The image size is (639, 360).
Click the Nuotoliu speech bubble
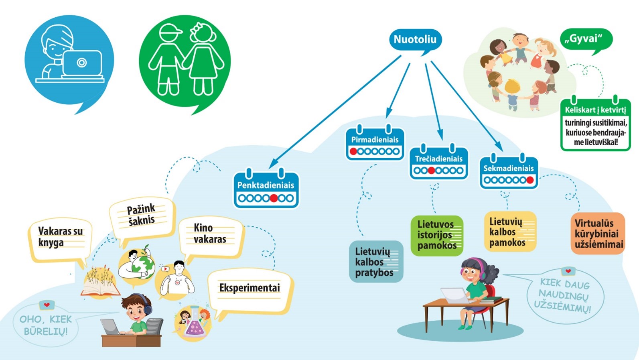click(x=415, y=39)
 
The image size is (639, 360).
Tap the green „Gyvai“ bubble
click(x=586, y=39)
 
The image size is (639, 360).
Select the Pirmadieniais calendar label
click(x=375, y=140)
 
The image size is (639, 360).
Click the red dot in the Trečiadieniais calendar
click(x=431, y=171)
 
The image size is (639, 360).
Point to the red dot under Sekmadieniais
click(x=530, y=180)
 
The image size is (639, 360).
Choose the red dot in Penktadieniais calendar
click(x=274, y=198)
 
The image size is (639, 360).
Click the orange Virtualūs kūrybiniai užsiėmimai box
click(x=598, y=234)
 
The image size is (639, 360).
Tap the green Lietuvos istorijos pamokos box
click(x=437, y=235)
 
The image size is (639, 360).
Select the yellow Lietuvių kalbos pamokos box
click(x=510, y=232)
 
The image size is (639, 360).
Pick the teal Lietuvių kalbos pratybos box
click(x=376, y=262)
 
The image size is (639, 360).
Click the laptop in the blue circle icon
click(x=82, y=63)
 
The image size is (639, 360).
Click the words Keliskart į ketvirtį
click(x=595, y=110)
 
